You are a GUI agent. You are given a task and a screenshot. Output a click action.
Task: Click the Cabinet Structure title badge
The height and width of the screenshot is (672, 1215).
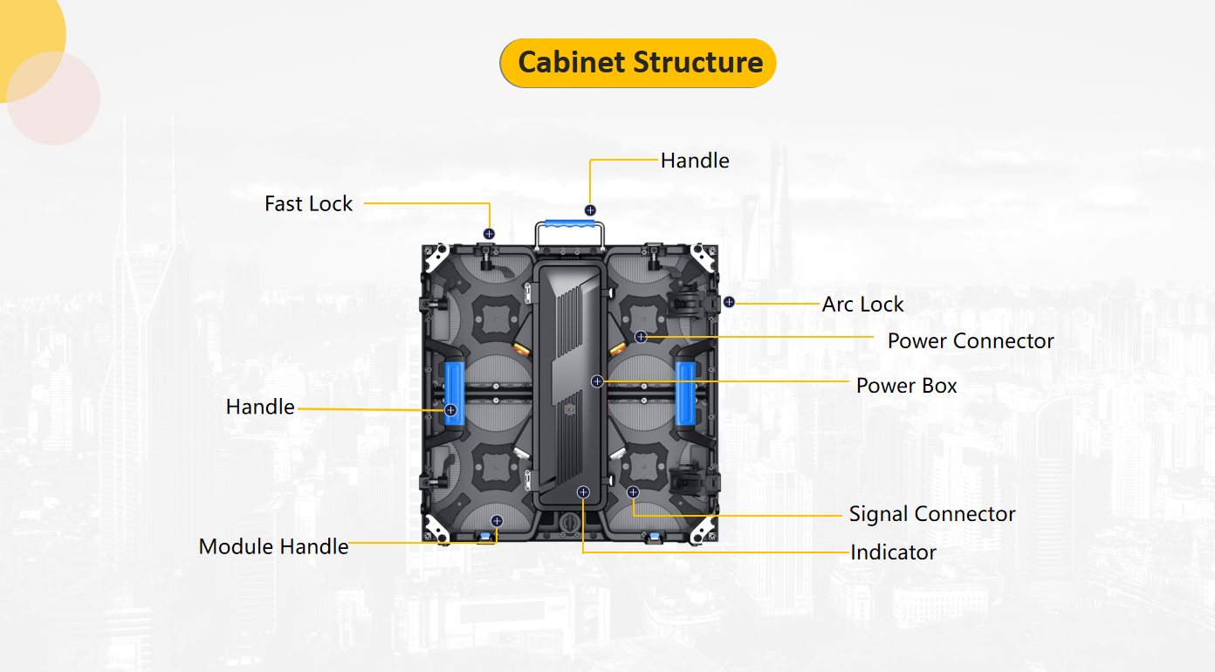coord(638,63)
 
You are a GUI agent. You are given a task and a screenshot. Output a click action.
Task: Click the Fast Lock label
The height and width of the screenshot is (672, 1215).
coord(308,203)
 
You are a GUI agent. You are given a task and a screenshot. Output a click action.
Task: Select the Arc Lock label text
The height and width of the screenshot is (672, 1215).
coord(862,304)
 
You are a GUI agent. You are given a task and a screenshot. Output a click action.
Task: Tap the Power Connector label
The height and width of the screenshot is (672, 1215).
coord(971,340)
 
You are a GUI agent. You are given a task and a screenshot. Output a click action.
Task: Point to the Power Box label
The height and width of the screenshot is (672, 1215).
coord(906,385)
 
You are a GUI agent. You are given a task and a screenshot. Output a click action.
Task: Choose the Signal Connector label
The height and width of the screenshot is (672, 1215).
coord(932,513)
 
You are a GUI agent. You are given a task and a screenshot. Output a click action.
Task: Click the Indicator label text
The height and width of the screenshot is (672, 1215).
coord(893,552)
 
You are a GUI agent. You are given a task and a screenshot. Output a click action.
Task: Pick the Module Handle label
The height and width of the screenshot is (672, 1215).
coord(273,546)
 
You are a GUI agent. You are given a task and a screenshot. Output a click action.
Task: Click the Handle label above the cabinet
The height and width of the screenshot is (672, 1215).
coord(695,161)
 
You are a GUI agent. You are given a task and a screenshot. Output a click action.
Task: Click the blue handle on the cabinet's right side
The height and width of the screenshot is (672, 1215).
coord(686,393)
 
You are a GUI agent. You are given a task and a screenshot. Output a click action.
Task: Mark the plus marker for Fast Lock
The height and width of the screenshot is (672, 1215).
coord(489,234)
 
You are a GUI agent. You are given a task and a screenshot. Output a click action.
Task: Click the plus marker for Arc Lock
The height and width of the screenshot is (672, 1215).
coord(729,302)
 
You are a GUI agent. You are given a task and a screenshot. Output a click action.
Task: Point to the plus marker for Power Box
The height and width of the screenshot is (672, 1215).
coord(597,381)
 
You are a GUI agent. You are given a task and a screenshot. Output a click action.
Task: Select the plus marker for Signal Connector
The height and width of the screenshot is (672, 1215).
coord(634,493)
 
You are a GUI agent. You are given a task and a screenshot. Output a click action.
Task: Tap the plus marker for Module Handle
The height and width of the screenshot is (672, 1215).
coord(497,521)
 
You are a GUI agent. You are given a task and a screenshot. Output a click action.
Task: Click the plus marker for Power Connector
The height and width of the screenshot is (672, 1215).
coord(641,337)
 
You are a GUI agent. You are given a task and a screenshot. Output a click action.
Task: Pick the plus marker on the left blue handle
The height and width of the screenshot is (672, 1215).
coord(450,410)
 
